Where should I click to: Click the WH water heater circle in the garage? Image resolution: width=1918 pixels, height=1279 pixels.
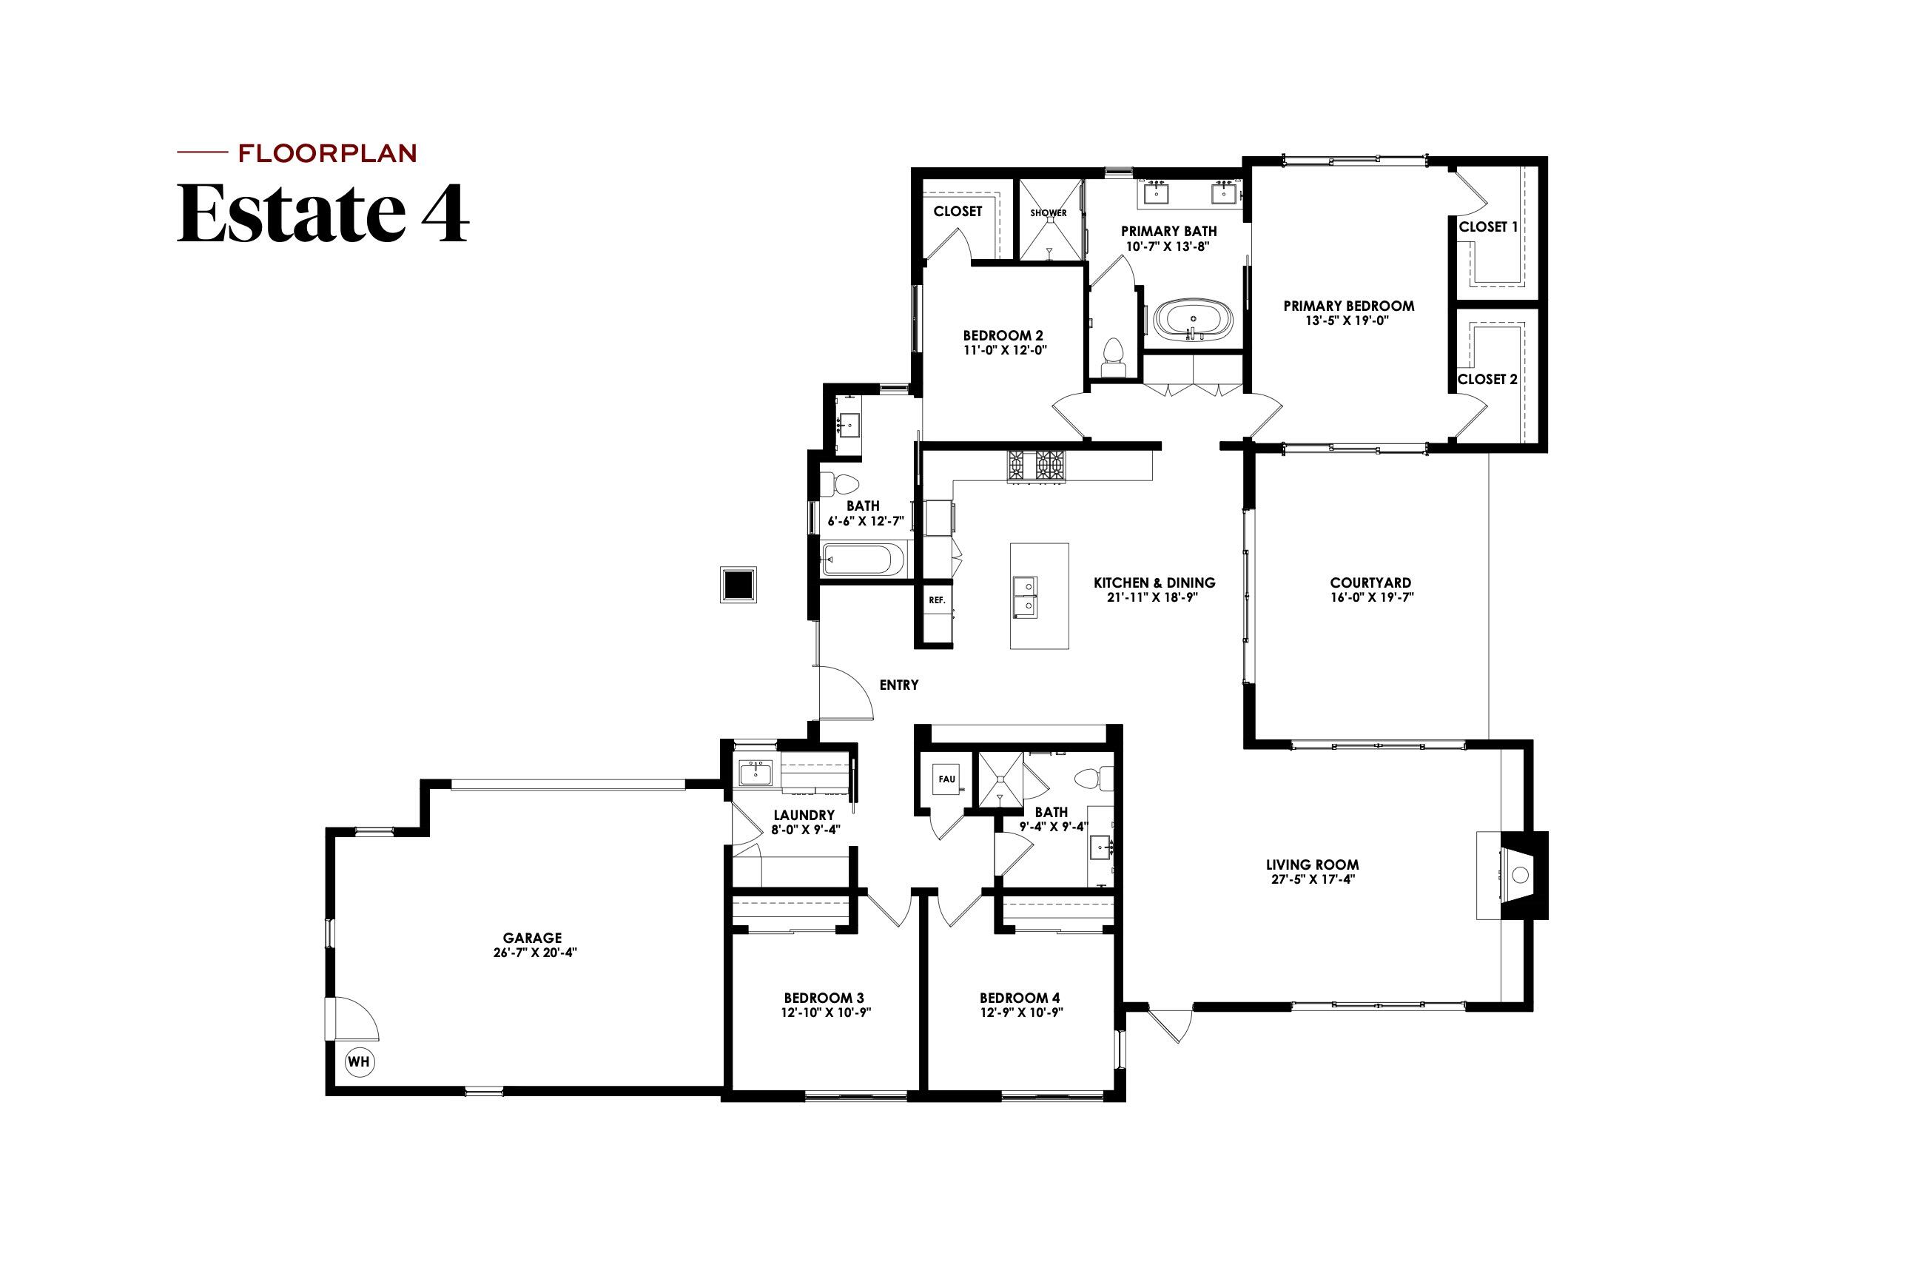359,1061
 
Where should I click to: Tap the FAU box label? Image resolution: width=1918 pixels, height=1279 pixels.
946,779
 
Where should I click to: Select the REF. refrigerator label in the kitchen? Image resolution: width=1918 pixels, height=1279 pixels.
936,600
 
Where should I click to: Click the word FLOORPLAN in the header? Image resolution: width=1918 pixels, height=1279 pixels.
327,153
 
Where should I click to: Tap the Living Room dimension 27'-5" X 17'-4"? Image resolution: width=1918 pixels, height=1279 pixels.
1312,879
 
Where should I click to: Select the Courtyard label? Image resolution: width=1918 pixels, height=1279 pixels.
1370,583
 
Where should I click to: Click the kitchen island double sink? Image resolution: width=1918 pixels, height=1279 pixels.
1025,597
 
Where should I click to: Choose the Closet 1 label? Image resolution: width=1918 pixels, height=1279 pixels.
1488,226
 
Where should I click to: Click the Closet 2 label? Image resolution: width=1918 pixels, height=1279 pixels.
1487,379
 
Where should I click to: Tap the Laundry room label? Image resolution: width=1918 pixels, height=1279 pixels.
804,815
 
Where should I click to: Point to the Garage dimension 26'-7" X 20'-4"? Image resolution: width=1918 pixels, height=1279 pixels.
534,953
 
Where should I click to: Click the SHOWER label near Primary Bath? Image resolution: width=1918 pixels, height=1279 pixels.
1048,213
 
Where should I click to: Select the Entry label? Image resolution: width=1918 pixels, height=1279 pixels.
898,685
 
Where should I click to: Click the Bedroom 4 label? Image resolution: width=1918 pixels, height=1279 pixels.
1020,998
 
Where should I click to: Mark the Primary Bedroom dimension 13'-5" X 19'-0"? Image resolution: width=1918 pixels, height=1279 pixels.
1347,320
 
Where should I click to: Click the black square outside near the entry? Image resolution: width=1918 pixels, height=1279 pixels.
738,585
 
